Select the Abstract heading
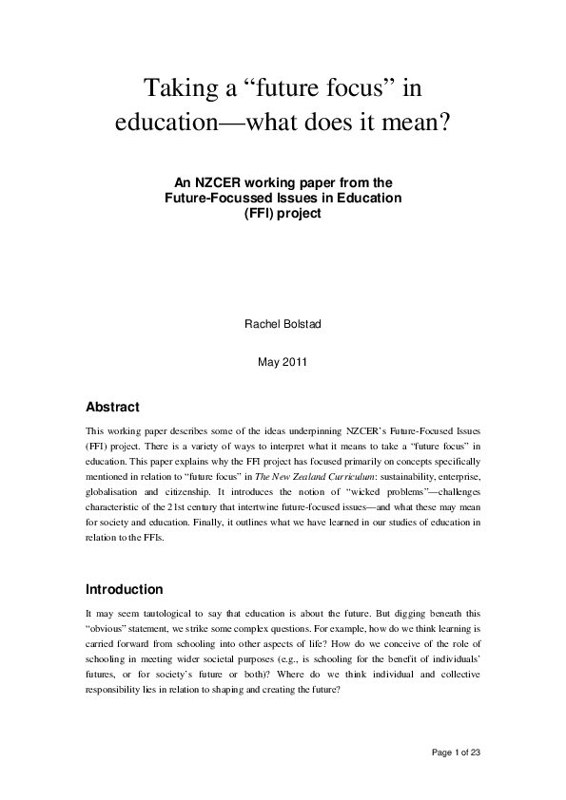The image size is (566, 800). [x=112, y=407]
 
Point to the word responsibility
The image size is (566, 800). [x=121, y=694]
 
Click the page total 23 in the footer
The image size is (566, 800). [x=487, y=753]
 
